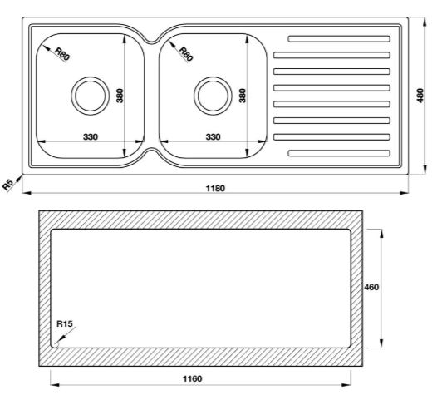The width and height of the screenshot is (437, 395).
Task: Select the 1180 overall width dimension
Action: [214, 188]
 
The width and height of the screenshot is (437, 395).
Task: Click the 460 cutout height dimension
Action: [372, 287]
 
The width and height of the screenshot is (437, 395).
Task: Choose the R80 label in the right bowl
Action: [185, 55]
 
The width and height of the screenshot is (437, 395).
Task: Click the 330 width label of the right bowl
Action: [212, 136]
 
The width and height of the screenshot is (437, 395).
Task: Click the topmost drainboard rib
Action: [336, 38]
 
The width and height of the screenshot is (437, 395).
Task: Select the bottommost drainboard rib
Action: [336, 151]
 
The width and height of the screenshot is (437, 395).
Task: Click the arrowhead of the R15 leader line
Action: [54, 343]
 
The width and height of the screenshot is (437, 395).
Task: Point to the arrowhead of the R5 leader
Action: [20, 172]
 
